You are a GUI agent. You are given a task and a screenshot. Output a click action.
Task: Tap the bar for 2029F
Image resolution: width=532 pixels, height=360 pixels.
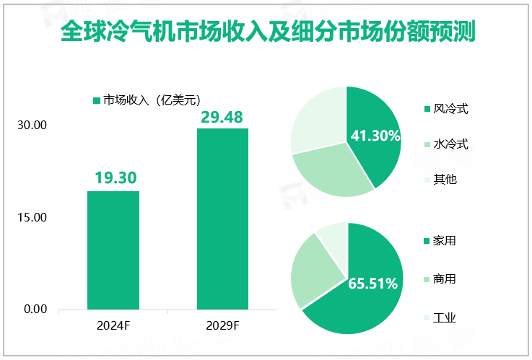click(x=222, y=219)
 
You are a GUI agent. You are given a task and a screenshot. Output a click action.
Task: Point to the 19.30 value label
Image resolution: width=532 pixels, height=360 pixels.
click(x=113, y=177)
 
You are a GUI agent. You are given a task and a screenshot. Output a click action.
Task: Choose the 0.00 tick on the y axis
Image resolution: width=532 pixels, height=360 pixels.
click(x=34, y=309)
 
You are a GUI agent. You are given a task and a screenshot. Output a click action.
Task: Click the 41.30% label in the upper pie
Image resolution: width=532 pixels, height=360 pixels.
click(x=375, y=136)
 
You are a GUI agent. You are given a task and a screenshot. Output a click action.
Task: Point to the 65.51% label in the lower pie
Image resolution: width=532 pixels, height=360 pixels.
click(x=373, y=284)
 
